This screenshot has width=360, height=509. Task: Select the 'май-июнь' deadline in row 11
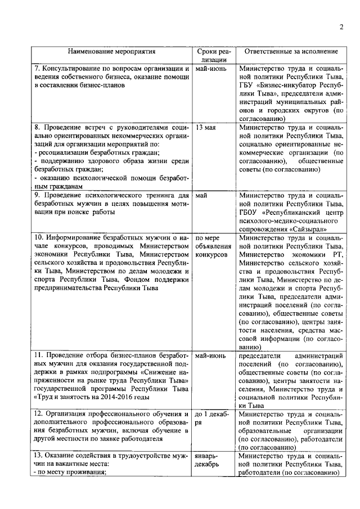pyautogui.click(x=210, y=356)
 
